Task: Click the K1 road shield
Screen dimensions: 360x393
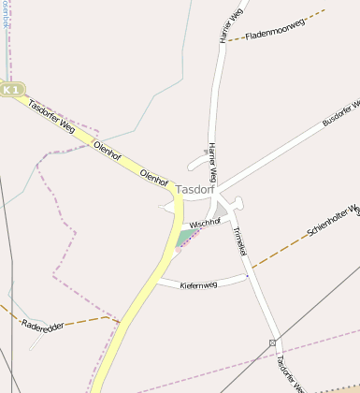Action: pyautogui.click(x=11, y=89)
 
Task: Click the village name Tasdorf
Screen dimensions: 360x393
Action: pyautogui.click(x=194, y=189)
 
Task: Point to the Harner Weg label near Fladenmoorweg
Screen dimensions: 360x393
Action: pyautogui.click(x=224, y=28)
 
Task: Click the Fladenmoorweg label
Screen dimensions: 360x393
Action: pyautogui.click(x=276, y=29)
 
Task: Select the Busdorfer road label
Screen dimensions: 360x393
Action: pyautogui.click(x=342, y=111)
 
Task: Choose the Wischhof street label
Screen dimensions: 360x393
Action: pyautogui.click(x=205, y=223)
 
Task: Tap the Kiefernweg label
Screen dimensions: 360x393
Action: pyautogui.click(x=197, y=283)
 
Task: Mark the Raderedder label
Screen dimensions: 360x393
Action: pyautogui.click(x=41, y=326)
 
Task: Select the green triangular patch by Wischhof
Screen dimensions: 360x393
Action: pyautogui.click(x=185, y=237)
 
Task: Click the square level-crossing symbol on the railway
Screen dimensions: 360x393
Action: pyautogui.click(x=272, y=343)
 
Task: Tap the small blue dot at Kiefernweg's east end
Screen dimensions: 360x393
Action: pyautogui.click(x=247, y=275)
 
